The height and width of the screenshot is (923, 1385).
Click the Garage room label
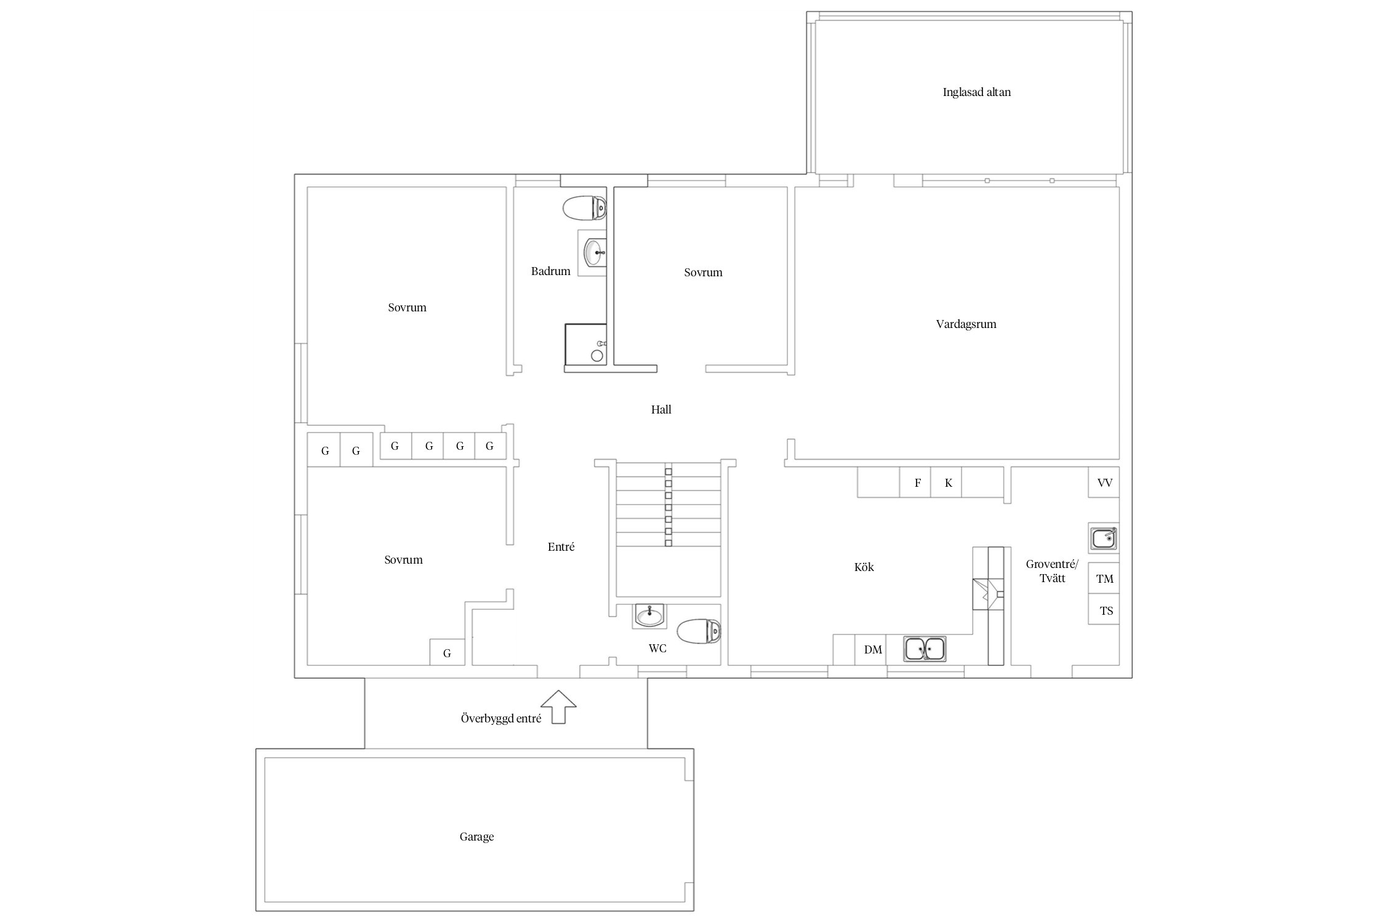pos(476,837)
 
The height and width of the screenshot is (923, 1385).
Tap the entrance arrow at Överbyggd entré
pos(558,706)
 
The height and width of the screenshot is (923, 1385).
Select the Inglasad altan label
pos(976,92)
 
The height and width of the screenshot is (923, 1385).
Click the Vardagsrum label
pos(966,324)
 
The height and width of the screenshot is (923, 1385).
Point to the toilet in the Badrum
pos(584,208)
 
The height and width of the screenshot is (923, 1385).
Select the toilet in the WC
pos(699,631)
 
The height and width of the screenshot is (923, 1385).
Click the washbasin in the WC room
pos(649,615)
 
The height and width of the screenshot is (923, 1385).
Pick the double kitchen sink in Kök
pos(925,649)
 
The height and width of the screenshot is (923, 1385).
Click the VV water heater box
pos(1104,482)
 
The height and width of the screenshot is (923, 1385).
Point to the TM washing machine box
pos(1104,578)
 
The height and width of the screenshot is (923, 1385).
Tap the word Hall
pos(661,410)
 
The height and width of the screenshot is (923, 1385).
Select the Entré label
pos(561,547)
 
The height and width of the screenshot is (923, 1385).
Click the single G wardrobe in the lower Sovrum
pos(447,652)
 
